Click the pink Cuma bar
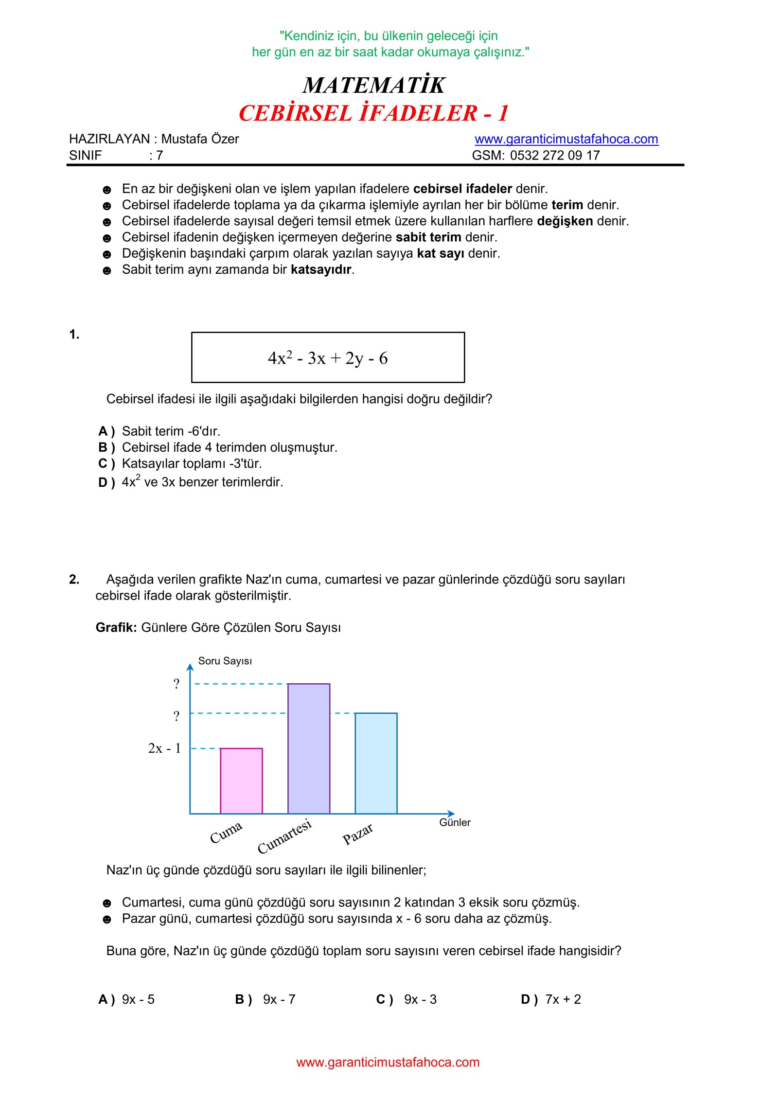pyautogui.click(x=241, y=781)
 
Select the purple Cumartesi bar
pyautogui.click(x=309, y=748)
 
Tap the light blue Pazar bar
pyautogui.click(x=376, y=763)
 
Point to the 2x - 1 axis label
pyautogui.click(x=164, y=748)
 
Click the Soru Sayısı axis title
pyautogui.click(x=225, y=661)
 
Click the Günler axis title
pyautogui.click(x=455, y=822)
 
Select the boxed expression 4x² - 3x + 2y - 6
pyautogui.click(x=328, y=358)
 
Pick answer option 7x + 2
pyautogui.click(x=563, y=999)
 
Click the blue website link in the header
pyautogui.click(x=566, y=139)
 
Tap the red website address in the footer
pyautogui.click(x=388, y=1062)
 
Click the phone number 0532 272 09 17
pyautogui.click(x=555, y=156)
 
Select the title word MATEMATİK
pyautogui.click(x=373, y=85)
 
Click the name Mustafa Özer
pyautogui.click(x=200, y=139)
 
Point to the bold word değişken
pyautogui.click(x=565, y=221)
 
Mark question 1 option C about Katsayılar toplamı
pyautogui.click(x=192, y=463)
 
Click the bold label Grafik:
pyautogui.click(x=116, y=627)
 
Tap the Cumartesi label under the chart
pyautogui.click(x=284, y=836)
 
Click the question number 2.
pyautogui.click(x=74, y=579)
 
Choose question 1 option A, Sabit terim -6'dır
pyautogui.click(x=171, y=431)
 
